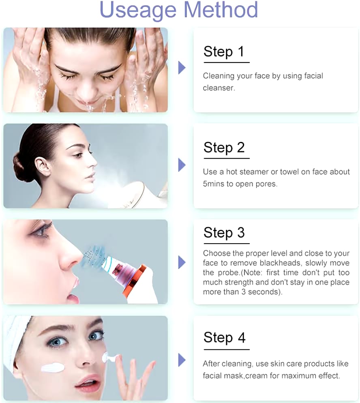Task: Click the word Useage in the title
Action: click(x=138, y=10)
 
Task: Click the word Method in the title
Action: click(x=221, y=9)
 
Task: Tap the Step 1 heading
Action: click(x=224, y=51)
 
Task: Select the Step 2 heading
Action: click(x=224, y=148)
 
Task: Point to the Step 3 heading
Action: click(x=224, y=233)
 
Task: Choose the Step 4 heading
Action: click(x=224, y=337)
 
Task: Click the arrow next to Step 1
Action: click(x=182, y=68)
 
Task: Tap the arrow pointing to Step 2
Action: click(x=182, y=165)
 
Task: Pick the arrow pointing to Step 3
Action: click(x=182, y=262)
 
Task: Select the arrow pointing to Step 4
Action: click(x=182, y=360)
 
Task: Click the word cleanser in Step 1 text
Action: click(x=218, y=88)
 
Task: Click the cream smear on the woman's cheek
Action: click(x=52, y=368)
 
